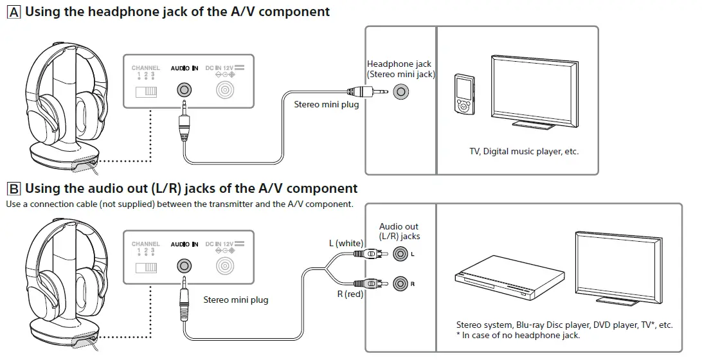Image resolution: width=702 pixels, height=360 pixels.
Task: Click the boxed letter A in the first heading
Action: [x=13, y=12]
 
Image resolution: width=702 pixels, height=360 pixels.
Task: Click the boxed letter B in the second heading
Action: [x=13, y=189]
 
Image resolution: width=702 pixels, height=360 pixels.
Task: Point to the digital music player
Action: [x=464, y=93]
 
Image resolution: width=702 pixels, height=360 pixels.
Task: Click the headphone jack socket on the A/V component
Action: [x=402, y=92]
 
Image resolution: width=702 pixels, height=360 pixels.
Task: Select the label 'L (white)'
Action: [x=346, y=243]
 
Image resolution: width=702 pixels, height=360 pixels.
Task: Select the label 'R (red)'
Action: [x=350, y=294]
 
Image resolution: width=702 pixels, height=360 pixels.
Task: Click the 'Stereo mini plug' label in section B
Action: [x=236, y=300]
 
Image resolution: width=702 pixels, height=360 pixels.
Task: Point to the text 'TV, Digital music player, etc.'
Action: [x=524, y=152]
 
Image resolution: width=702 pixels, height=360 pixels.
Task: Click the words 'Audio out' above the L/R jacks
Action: [x=399, y=226]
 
